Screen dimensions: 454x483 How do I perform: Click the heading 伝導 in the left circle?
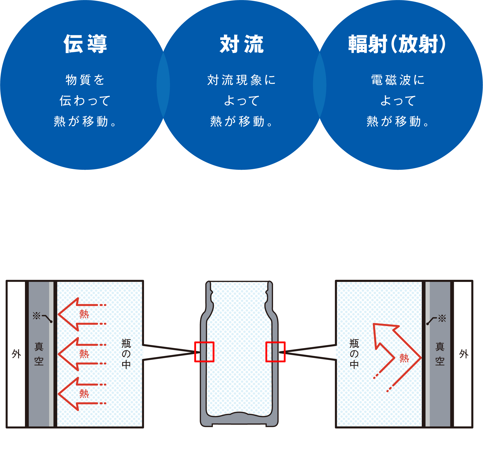[85, 44]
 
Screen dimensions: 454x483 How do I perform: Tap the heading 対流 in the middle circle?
[241, 44]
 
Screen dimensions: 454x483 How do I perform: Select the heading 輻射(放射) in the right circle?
[397, 44]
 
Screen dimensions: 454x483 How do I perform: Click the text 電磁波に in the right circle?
[398, 80]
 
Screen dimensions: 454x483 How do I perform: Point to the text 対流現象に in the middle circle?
[241, 80]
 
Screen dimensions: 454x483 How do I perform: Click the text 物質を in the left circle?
[85, 80]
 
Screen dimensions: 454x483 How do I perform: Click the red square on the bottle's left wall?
[204, 352]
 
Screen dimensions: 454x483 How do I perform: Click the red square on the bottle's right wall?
[275, 352]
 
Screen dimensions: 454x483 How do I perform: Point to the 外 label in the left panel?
[16, 354]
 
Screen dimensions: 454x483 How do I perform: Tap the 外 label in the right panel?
[464, 354]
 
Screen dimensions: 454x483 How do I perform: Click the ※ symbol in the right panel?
[442, 318]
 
